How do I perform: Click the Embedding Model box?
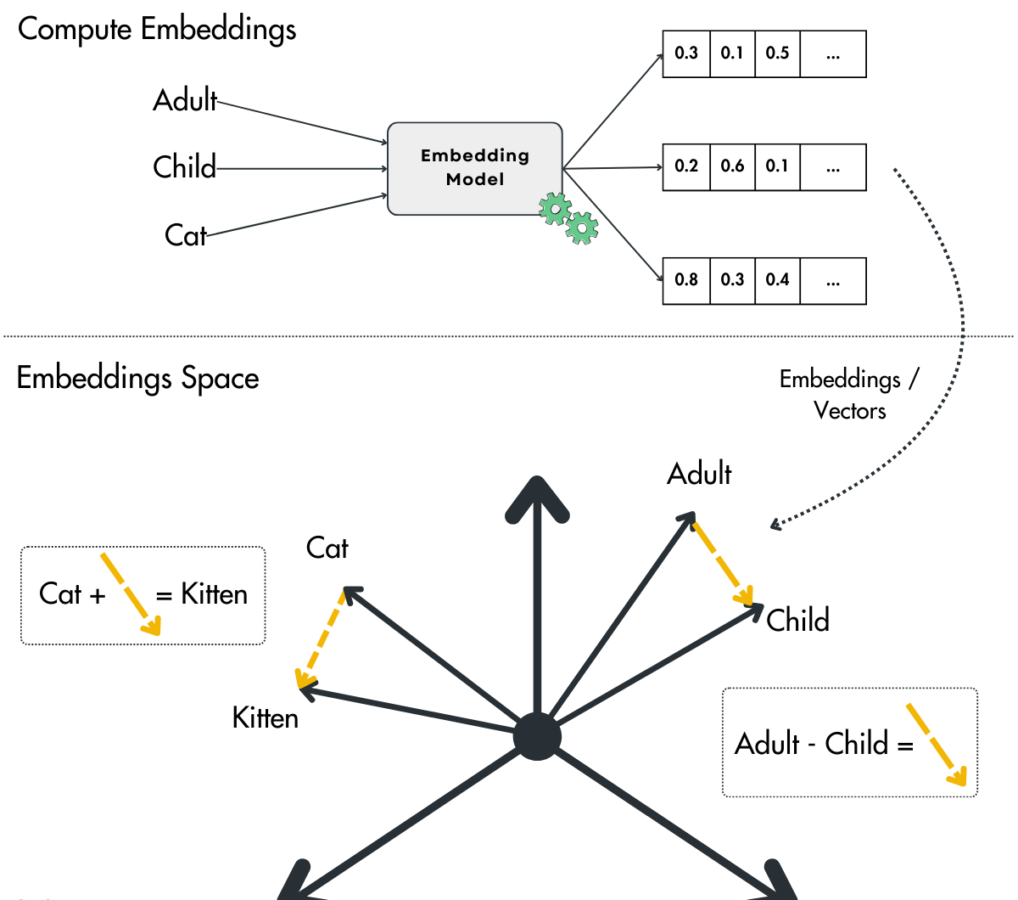(474, 167)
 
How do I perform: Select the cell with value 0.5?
(777, 53)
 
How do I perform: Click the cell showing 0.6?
(732, 166)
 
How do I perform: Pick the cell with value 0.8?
(685, 280)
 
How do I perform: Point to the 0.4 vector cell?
(777, 280)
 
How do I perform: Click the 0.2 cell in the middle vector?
(685, 166)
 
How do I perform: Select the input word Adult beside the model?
(185, 100)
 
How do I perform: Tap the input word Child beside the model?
(184, 167)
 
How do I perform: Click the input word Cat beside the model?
(185, 235)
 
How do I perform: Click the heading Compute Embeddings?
(157, 29)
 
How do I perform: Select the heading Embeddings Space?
(137, 378)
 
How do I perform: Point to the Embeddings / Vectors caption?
(848, 395)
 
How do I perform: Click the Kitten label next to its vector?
(265, 718)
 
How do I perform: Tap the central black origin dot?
(537, 737)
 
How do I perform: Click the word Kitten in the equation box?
(214, 594)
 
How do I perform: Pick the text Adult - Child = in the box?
(823, 744)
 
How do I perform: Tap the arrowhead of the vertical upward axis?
(537, 497)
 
